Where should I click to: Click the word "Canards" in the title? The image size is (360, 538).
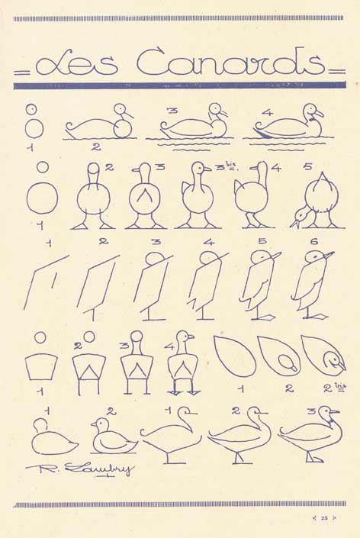(230, 62)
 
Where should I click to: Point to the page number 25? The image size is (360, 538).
(324, 518)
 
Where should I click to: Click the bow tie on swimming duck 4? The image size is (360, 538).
(312, 120)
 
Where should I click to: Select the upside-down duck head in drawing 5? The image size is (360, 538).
(301, 217)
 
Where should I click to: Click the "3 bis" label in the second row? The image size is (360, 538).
(228, 168)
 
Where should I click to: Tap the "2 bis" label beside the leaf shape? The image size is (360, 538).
(334, 388)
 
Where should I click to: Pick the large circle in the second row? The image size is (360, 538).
(42, 198)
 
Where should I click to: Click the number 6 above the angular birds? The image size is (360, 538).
(313, 242)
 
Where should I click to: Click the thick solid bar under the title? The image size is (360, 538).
(180, 85)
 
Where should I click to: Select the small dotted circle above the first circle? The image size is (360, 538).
(31, 109)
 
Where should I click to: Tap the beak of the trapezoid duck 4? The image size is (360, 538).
(190, 337)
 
